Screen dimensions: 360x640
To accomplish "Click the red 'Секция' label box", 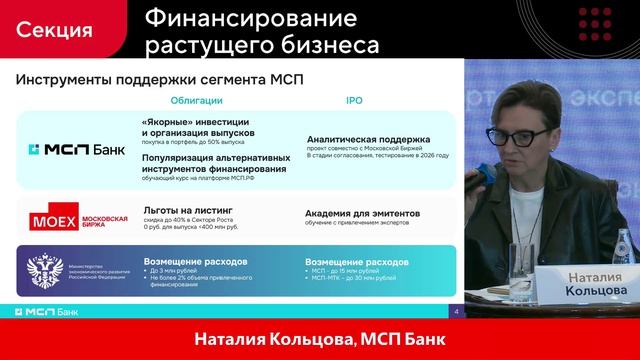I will pos(55,29).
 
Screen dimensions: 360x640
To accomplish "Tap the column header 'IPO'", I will pos(354,101).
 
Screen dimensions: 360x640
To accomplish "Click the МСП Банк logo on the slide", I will pos(75,150).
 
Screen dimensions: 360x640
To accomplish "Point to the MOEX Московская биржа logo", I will pos(79,219).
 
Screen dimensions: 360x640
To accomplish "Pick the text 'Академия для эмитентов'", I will pos(361,213).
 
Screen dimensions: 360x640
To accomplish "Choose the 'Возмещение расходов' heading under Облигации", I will pos(195,260).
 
